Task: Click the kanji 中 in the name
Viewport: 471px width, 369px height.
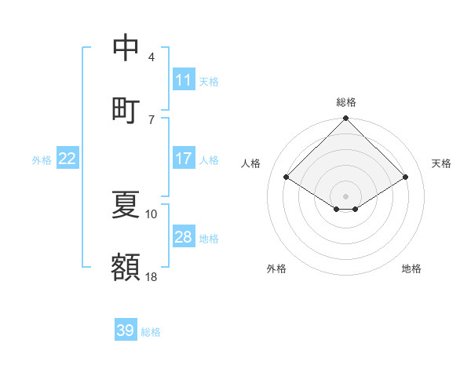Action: tap(126, 48)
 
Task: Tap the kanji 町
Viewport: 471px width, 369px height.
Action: tap(126, 109)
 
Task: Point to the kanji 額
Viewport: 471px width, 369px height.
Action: tap(126, 266)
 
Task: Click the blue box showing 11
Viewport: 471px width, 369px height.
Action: tap(184, 80)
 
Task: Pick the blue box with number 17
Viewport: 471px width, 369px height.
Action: tap(184, 159)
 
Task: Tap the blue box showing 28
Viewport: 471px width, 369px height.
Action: tap(184, 237)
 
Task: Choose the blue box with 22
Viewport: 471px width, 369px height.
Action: tap(68, 159)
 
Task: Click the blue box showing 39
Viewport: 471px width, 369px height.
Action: tap(126, 331)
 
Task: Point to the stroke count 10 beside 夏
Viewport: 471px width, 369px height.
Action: tap(152, 214)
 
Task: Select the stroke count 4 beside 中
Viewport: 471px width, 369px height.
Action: tap(152, 57)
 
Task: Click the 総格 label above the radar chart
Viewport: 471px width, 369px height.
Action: tap(346, 102)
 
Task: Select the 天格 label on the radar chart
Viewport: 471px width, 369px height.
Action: tap(441, 163)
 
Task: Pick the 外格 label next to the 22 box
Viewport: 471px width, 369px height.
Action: tap(42, 159)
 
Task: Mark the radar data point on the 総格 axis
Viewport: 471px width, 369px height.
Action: tap(346, 119)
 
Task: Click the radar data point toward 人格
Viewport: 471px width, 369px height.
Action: tap(287, 177)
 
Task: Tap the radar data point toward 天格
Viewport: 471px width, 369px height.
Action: tap(406, 177)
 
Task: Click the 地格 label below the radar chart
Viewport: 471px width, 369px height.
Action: tap(411, 269)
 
